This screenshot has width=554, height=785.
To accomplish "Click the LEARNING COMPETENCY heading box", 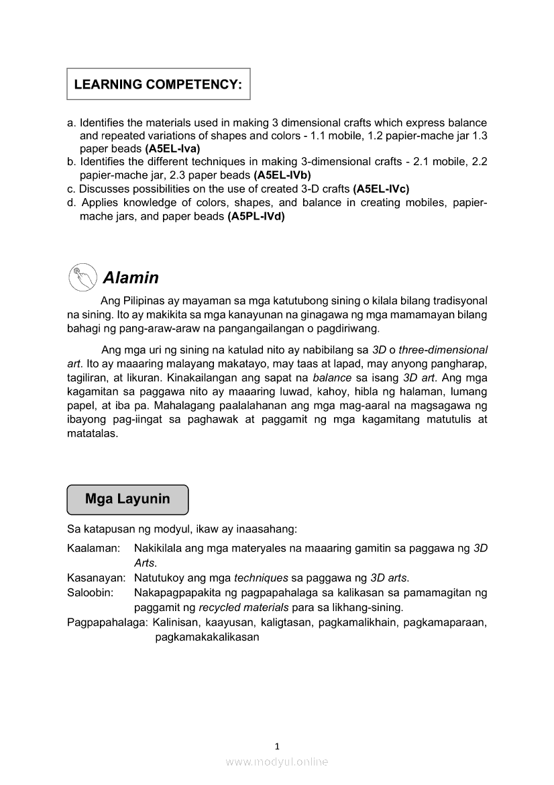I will click(158, 85).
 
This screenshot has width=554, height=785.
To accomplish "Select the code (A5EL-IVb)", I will click(282, 174).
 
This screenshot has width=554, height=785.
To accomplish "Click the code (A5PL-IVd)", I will click(256, 216).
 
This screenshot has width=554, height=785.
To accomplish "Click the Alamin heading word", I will click(131, 277).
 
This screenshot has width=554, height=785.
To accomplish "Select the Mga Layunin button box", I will click(127, 500).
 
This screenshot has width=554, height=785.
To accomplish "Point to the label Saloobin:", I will click(90, 592).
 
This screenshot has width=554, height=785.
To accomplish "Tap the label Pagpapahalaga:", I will click(107, 622).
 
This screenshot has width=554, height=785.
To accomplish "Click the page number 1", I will click(277, 745).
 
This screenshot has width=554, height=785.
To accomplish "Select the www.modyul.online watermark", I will click(277, 761).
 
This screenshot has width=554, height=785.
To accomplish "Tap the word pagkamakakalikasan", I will click(207, 637).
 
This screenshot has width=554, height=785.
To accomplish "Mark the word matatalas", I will click(93, 434).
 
